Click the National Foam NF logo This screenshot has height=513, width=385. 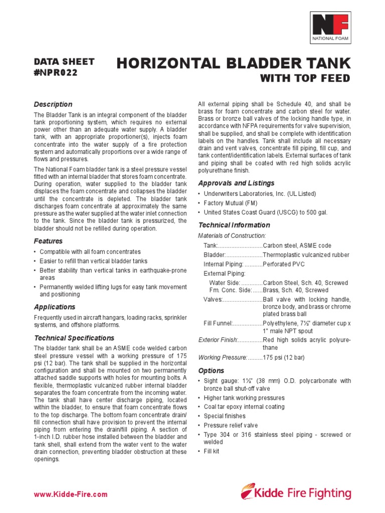coord(330,28)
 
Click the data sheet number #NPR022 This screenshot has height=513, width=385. coord(56,72)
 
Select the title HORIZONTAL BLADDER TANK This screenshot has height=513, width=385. coord(234,64)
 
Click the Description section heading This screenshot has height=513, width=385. coord(53,104)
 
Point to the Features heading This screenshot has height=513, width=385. coord(48,241)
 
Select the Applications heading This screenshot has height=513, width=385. coord(54,307)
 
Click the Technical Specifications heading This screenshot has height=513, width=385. coord(74,338)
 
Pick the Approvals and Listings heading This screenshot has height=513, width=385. coord(236,183)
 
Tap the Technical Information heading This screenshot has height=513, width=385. coord(234,225)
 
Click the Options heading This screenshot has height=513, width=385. coord(211,370)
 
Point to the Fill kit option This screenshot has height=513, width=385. coord(212,451)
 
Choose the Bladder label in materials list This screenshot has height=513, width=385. coord(214,255)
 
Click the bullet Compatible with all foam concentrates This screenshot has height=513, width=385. coord(90,251)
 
